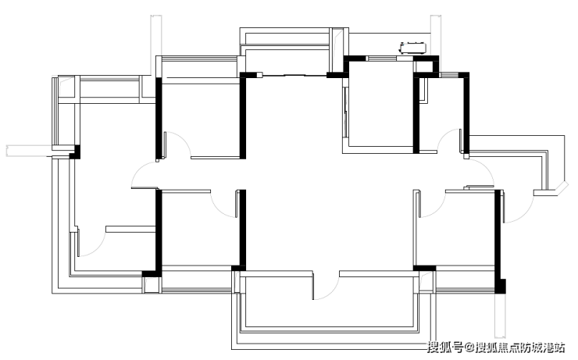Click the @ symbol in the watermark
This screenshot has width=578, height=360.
coord(469,347)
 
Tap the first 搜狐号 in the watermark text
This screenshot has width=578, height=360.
coord(445,347)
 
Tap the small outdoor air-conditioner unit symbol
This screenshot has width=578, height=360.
coord(413,48)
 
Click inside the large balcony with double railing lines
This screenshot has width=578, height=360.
coord(328,309)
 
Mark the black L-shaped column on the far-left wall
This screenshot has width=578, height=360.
coord(75,152)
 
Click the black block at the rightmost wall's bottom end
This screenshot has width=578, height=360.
coord(500,287)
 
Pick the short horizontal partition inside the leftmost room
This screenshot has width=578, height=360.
coord(130,229)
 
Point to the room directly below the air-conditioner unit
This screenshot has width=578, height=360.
coord(380,105)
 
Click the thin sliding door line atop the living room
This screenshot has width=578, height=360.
coord(294,76)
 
